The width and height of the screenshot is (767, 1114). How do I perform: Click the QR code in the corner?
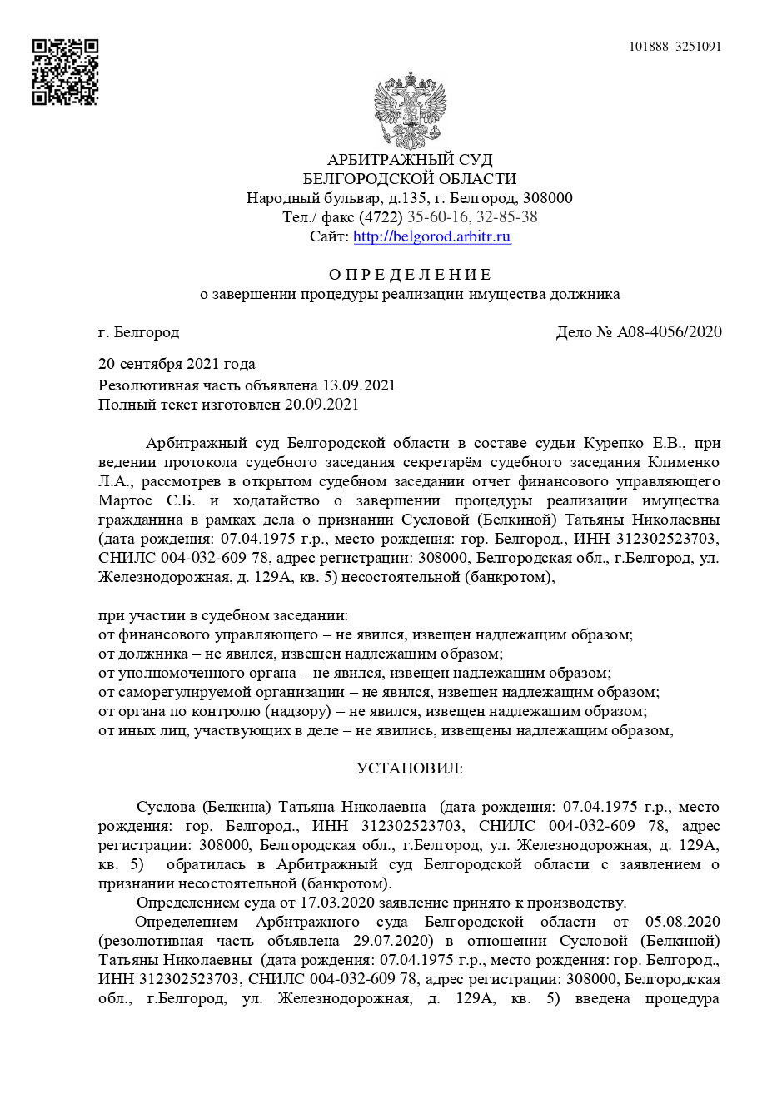pos(65,72)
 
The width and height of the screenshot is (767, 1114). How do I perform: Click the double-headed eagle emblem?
pos(409,110)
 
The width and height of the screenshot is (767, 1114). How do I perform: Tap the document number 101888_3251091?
pos(675,47)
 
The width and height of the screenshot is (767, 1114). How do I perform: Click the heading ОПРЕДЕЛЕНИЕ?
pos(409,275)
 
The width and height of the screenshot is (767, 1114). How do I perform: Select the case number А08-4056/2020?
pos(670,332)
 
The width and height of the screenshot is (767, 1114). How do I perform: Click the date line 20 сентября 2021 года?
pos(177,364)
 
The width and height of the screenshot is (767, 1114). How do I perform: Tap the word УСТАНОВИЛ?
pos(409,768)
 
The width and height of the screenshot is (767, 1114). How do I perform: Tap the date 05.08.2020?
pos(681,922)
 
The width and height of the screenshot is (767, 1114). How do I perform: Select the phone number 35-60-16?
pos(436,217)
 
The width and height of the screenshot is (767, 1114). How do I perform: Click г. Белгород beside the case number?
pos(138,332)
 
